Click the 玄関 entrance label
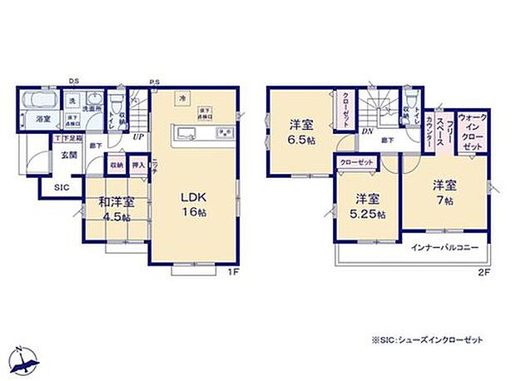pyautogui.click(x=68, y=155)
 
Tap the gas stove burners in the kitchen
pyautogui.click(x=224, y=133)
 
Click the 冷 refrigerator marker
pyautogui.click(x=181, y=99)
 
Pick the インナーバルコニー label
pyautogui.click(x=442, y=248)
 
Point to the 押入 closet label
pyautogui.click(x=139, y=166)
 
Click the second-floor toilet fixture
pyautogui.click(x=408, y=98)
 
